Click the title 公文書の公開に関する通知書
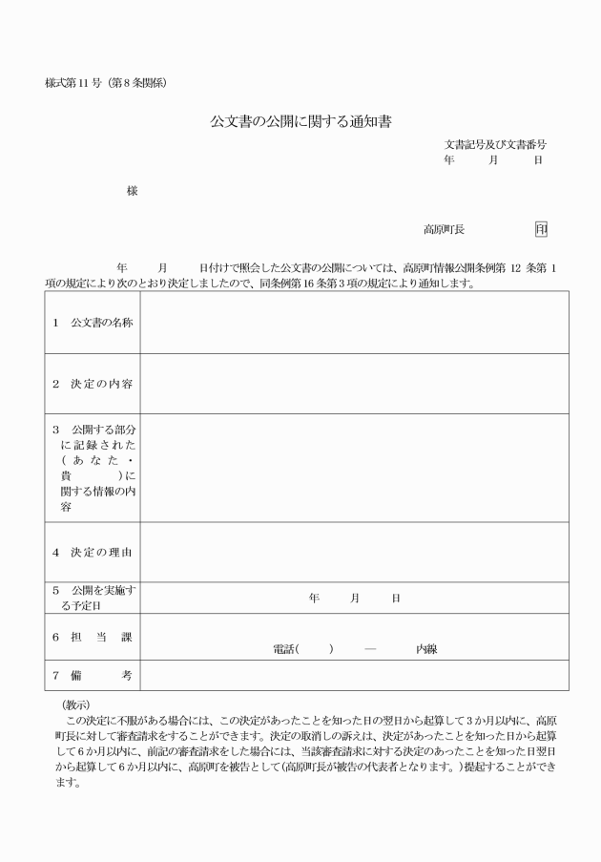point(301,122)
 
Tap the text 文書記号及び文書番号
point(495,144)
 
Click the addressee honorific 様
point(132,191)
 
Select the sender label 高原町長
point(444,230)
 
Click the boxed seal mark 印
point(541,230)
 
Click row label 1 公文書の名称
point(93,322)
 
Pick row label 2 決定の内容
point(93,384)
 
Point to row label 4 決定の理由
point(93,552)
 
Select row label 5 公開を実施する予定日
point(93,598)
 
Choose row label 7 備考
point(93,676)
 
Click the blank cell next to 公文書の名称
point(354,322)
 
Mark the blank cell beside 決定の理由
point(354,552)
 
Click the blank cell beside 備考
point(354,676)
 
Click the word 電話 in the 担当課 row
point(284,649)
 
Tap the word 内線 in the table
point(425,649)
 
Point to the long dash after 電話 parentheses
point(370,649)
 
